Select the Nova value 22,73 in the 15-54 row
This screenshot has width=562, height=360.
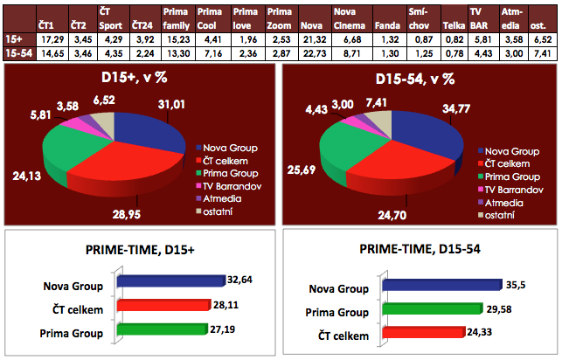click(x=312, y=54)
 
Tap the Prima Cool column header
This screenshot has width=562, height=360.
click(x=209, y=17)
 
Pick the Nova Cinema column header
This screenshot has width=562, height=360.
click(x=349, y=17)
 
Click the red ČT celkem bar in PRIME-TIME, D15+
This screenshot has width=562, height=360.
click(x=175, y=307)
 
